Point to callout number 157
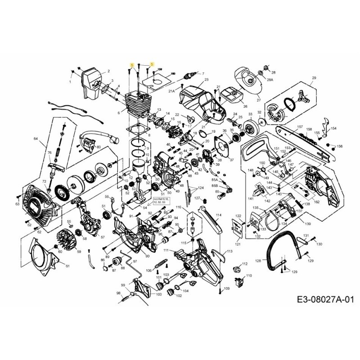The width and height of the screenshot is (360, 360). click(x=299, y=127)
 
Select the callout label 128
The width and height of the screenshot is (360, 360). click(x=258, y=261)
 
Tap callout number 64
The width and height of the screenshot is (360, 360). click(x=36, y=139)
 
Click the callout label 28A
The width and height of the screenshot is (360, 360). click(x=270, y=80)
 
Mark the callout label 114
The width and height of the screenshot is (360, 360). click(x=219, y=215)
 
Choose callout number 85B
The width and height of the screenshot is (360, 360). click(x=215, y=185)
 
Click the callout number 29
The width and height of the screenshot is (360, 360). click(x=314, y=78)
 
